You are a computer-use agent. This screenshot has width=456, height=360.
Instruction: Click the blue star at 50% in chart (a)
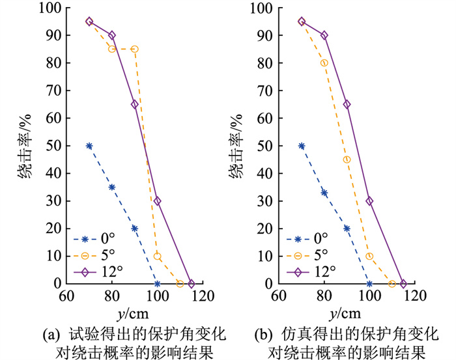coord(89,146)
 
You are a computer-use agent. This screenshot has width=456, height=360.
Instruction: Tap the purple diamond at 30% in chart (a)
coord(157,201)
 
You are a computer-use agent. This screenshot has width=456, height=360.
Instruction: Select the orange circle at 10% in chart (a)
coord(157,256)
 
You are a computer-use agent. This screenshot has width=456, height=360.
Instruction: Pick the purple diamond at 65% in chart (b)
coord(347,104)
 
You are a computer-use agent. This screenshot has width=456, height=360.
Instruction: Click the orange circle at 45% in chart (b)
coord(347,159)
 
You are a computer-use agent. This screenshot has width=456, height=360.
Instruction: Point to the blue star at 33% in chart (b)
coord(324,193)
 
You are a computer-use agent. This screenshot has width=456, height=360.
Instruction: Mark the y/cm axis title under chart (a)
coord(135,314)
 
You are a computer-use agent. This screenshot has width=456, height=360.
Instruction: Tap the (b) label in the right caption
coord(264,335)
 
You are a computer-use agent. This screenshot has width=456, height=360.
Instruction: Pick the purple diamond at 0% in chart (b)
coord(403,284)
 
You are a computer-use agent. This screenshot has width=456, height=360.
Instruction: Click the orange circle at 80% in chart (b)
coord(324,63)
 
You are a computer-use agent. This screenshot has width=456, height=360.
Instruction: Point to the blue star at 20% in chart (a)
coord(134,228)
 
